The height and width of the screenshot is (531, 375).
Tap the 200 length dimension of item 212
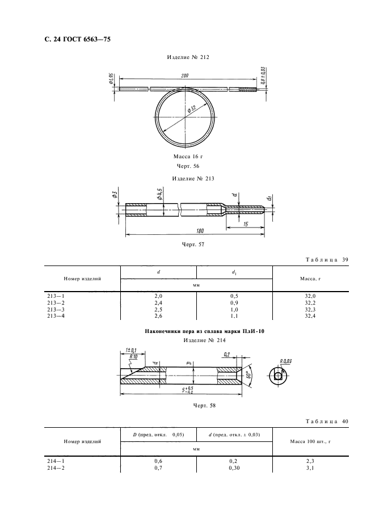185,76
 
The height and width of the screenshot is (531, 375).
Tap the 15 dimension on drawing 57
245,224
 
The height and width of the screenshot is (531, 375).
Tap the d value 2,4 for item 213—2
158,304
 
